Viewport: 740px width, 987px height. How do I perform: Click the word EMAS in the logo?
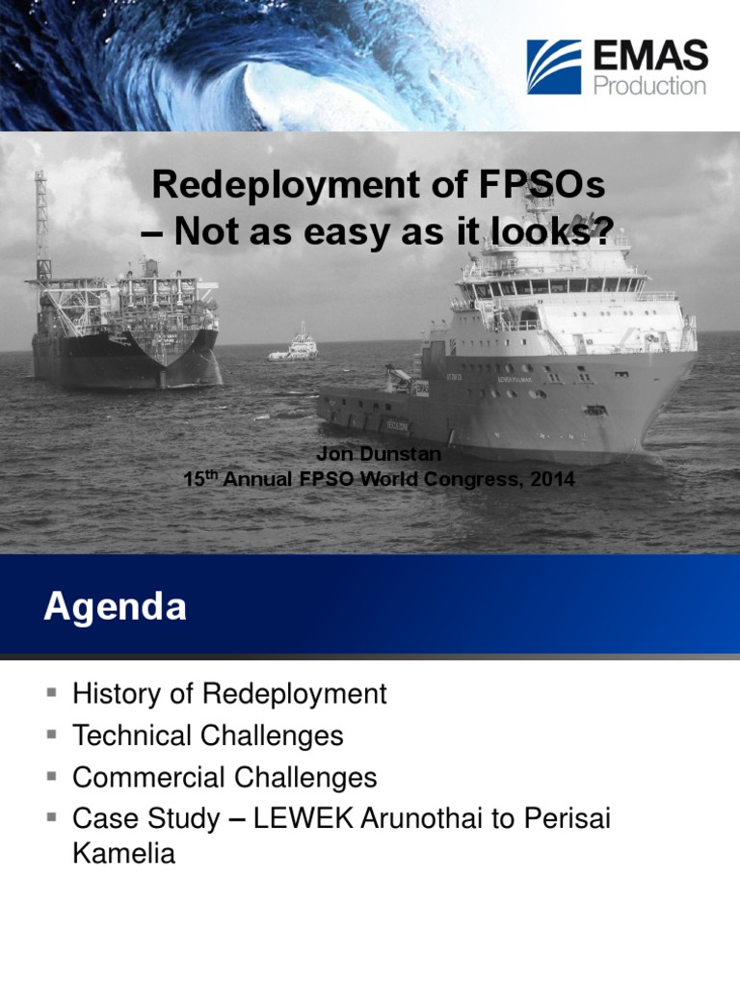pos(650,56)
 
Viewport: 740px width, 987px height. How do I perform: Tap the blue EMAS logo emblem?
pos(554,67)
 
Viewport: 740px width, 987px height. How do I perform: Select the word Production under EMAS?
pos(649,86)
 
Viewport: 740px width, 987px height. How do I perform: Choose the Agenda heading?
pos(115,607)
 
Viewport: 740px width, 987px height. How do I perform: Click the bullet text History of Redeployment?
pos(229,693)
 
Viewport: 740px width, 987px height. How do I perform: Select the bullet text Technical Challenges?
pos(207,735)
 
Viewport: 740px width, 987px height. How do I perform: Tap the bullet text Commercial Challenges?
pos(225,777)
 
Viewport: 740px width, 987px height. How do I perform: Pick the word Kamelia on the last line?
pos(123,853)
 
